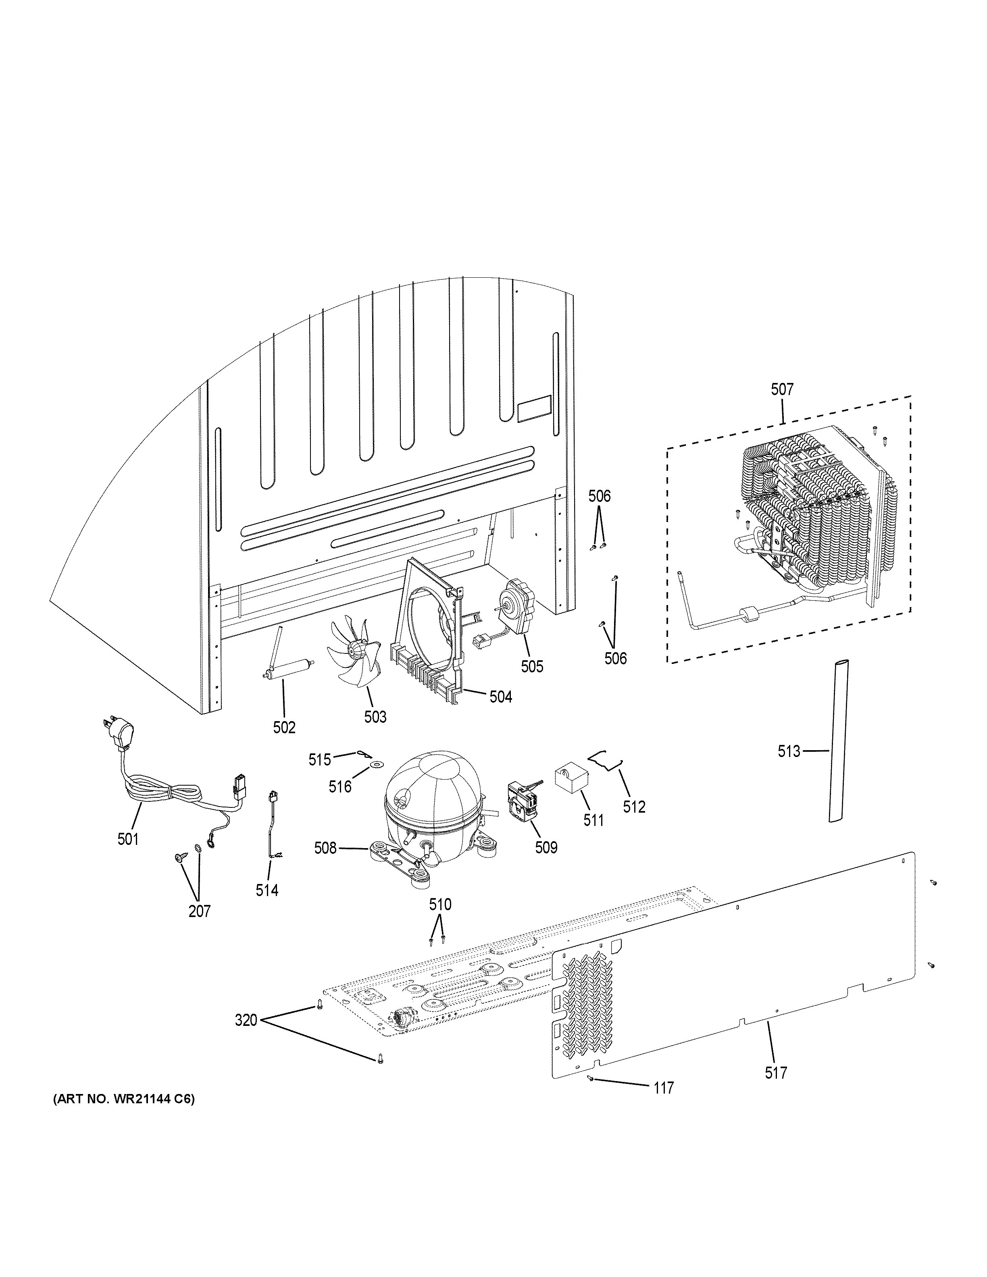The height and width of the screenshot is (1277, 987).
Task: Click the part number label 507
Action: point(782,389)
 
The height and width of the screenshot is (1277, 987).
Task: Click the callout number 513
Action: point(788,751)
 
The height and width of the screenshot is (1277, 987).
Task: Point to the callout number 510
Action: point(440,905)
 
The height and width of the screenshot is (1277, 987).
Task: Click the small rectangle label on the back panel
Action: point(534,408)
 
